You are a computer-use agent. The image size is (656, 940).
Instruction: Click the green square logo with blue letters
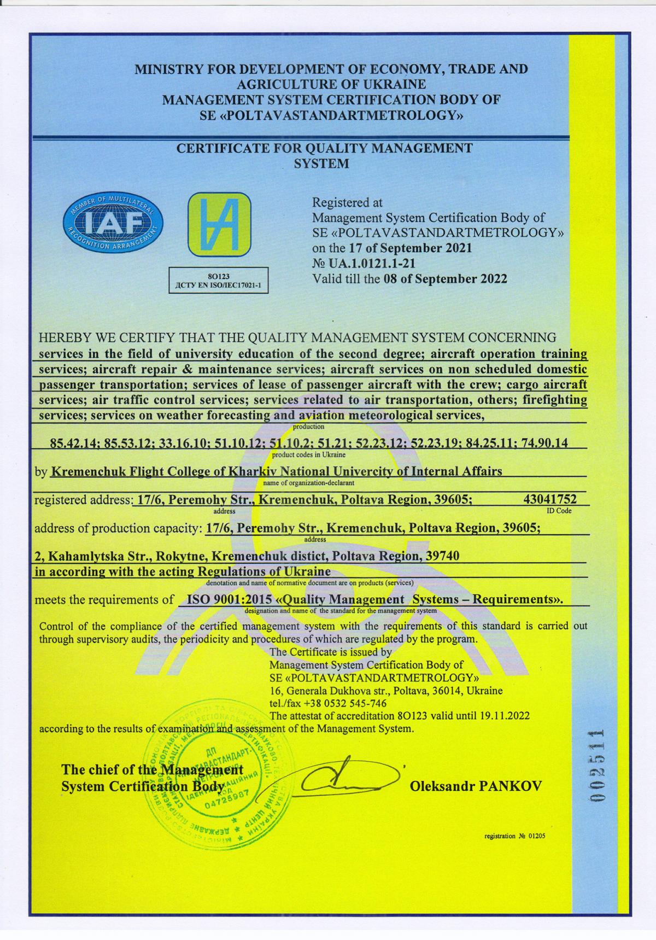(220, 224)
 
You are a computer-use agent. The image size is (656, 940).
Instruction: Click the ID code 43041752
(550, 499)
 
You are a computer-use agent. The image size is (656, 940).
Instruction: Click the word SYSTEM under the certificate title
(321, 164)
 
